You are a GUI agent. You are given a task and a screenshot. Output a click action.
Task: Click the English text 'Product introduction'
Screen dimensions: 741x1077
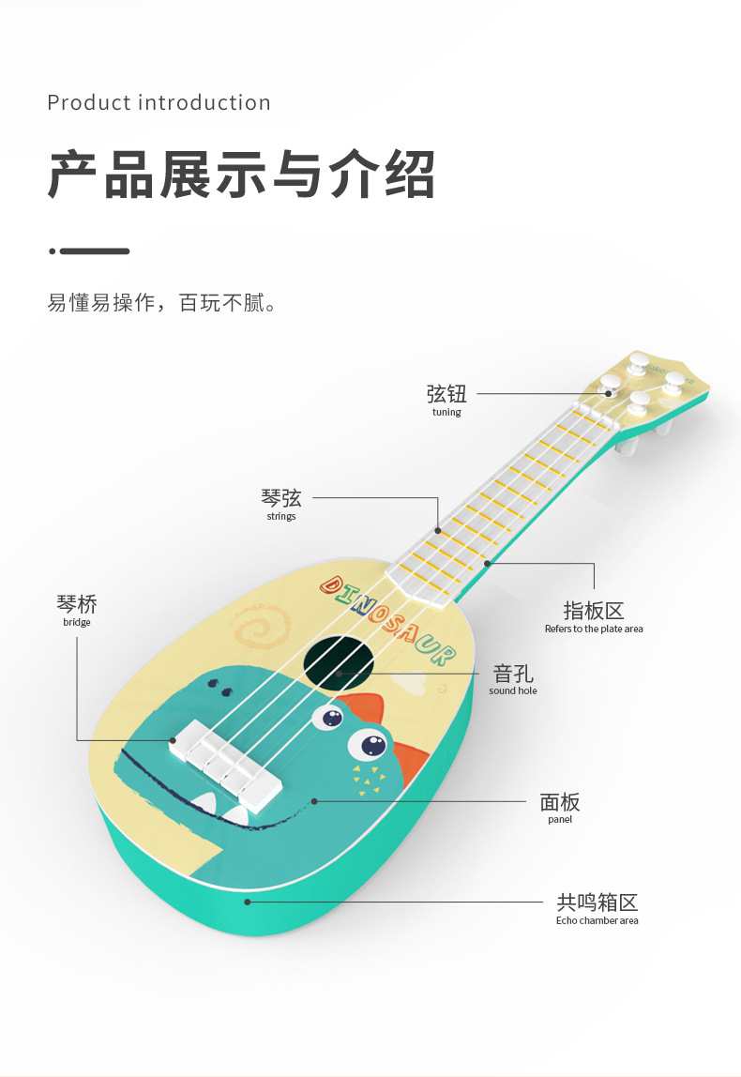coord(159,102)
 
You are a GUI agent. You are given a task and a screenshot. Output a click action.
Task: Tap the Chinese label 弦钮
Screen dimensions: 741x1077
coord(446,393)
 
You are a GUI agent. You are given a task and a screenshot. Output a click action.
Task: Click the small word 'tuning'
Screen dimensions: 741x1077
coord(446,413)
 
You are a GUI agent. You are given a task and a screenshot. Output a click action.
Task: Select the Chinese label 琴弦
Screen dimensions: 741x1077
coord(281,498)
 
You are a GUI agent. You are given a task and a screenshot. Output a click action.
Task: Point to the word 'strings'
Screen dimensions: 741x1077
coord(281,517)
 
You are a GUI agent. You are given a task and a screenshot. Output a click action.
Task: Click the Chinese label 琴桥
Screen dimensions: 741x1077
coord(77,603)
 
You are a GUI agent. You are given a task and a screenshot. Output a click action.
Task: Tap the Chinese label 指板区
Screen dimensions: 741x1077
coord(594,611)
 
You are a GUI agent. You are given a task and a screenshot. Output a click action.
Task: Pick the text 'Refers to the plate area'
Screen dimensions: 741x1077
coord(594,630)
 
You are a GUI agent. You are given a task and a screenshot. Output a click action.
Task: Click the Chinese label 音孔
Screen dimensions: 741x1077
coord(513,673)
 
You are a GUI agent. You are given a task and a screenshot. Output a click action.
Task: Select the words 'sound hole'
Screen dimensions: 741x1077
coord(513,691)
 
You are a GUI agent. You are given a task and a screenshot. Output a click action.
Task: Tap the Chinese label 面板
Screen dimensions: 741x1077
coord(560,801)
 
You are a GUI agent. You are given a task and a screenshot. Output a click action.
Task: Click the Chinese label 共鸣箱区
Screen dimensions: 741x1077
coord(597,903)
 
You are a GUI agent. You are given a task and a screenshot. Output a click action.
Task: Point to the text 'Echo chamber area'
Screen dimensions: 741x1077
coord(597,921)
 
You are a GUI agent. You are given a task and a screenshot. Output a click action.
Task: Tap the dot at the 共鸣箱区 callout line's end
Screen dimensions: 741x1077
coord(248,903)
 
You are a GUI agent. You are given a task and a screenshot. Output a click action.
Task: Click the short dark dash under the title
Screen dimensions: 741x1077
coord(94,251)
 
